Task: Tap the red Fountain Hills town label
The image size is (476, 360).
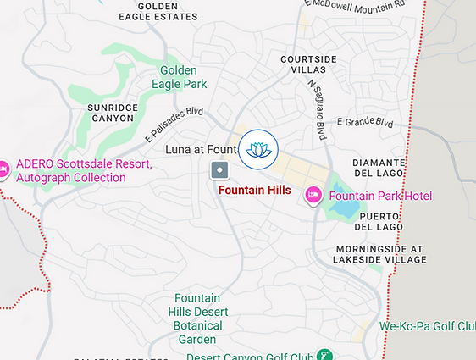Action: pyautogui.click(x=254, y=191)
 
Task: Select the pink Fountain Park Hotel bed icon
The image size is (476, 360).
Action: pyautogui.click(x=313, y=196)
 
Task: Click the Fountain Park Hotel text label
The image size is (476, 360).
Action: pyautogui.click(x=380, y=196)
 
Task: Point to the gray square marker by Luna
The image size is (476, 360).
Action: pyautogui.click(x=219, y=171)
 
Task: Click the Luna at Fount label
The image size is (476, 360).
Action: pyautogui.click(x=198, y=150)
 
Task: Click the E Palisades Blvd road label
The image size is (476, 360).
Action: pyautogui.click(x=174, y=123)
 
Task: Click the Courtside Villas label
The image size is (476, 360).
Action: pyautogui.click(x=309, y=65)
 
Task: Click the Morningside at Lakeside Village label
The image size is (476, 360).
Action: pyautogui.click(x=378, y=255)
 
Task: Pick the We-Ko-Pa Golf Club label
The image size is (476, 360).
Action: pyautogui.click(x=427, y=325)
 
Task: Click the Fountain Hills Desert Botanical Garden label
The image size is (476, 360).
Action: pyautogui.click(x=197, y=318)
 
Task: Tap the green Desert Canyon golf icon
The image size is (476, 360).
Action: pyautogui.click(x=324, y=355)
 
